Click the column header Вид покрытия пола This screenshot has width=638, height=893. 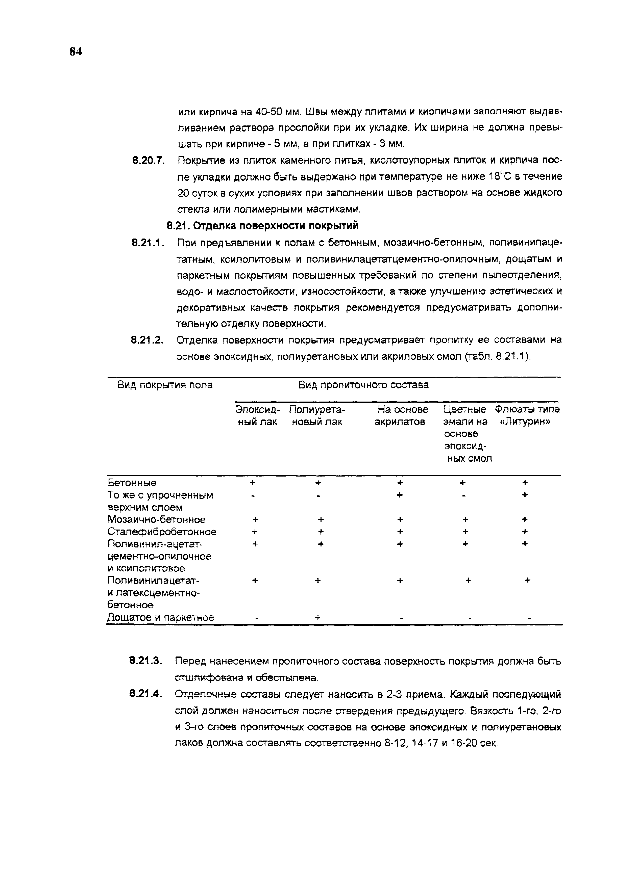[165, 385]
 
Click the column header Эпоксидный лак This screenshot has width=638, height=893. [257, 415]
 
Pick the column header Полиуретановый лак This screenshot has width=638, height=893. [317, 415]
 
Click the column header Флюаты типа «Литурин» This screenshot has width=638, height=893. [527, 415]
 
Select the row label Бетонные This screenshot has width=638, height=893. [132, 482]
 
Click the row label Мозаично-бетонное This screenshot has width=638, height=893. [156, 520]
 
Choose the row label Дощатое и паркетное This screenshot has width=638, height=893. [161, 617]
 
